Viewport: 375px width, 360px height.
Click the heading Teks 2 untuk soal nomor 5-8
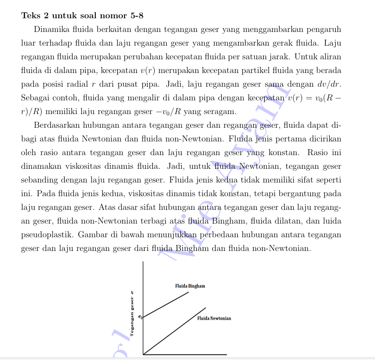(x=82, y=16)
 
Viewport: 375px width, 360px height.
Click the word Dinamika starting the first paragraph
(x=51, y=30)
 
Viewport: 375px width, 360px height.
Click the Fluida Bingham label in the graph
(x=190, y=286)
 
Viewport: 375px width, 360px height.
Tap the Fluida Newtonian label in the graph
(x=214, y=318)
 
